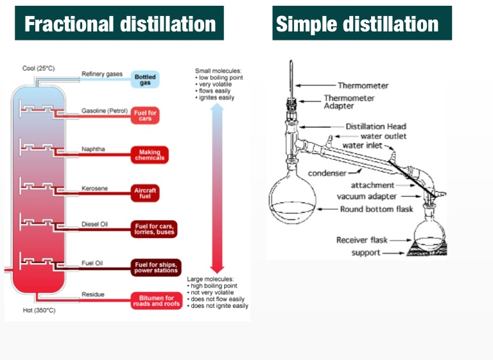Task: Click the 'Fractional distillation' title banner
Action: coord(119,24)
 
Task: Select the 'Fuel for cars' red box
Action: coord(145,116)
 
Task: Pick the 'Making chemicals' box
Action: coord(149,155)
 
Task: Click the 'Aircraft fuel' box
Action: coord(145,193)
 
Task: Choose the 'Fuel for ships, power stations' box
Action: coord(157,268)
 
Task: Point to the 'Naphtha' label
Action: coord(93,149)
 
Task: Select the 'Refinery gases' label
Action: coord(102,74)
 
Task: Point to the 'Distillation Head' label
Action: coord(376,126)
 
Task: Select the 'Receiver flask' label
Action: coord(363,240)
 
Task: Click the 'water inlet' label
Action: coord(363,146)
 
